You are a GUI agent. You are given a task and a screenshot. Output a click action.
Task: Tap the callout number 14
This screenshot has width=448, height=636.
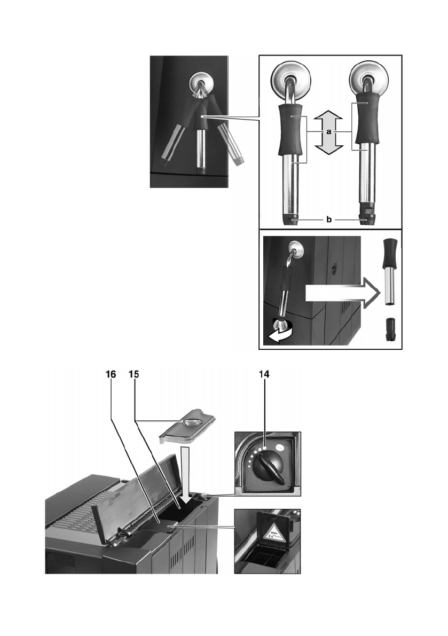point(264,375)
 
